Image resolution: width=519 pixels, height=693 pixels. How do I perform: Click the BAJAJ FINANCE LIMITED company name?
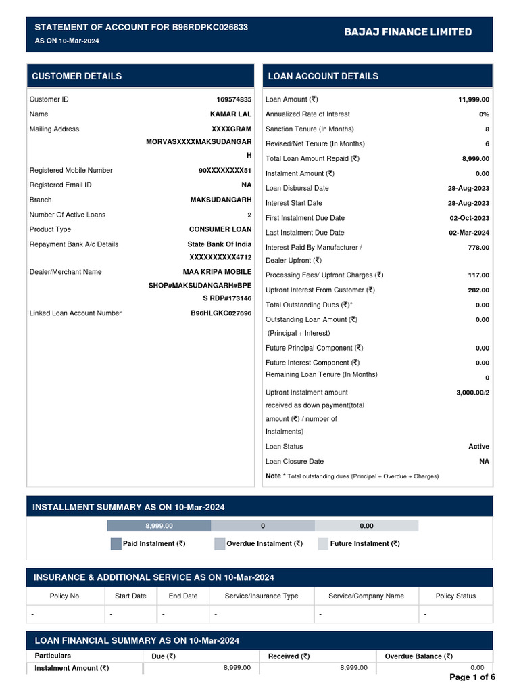(x=407, y=32)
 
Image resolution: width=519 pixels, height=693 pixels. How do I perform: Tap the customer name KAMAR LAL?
(x=230, y=114)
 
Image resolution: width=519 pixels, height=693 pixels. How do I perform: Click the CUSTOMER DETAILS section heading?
(x=77, y=76)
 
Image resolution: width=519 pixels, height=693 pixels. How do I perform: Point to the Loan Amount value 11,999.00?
(x=473, y=99)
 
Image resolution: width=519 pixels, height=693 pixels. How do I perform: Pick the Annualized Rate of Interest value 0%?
(x=484, y=114)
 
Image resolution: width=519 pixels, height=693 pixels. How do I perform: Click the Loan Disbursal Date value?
(x=468, y=188)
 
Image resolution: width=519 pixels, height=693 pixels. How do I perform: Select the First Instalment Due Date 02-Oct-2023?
(x=469, y=218)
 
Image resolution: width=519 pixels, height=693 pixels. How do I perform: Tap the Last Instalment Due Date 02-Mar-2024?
(x=469, y=233)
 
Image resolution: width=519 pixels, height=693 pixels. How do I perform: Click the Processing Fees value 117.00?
(x=478, y=275)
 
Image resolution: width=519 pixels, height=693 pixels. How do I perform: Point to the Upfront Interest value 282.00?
(x=478, y=290)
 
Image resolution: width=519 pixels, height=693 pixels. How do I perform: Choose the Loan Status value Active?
(x=478, y=447)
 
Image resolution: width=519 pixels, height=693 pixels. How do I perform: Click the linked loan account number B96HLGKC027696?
(x=221, y=313)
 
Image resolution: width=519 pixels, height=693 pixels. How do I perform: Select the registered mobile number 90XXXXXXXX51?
(x=224, y=171)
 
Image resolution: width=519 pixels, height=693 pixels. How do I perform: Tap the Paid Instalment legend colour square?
(x=116, y=543)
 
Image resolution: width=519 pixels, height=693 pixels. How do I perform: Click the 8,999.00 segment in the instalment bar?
(x=159, y=526)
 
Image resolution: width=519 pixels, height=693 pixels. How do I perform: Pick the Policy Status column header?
(x=455, y=596)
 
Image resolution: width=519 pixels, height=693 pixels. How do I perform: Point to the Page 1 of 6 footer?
(x=472, y=677)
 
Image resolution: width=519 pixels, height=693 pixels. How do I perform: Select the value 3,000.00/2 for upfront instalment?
(x=472, y=393)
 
